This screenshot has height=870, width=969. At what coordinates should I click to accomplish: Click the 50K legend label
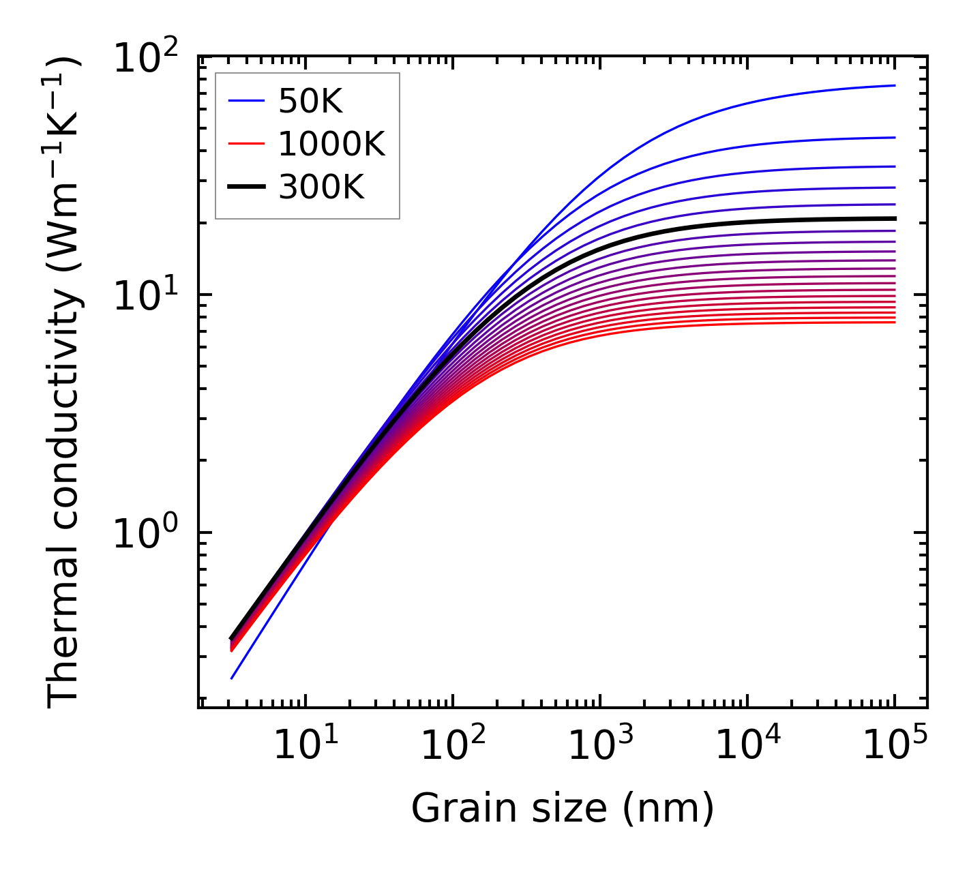pyautogui.click(x=310, y=102)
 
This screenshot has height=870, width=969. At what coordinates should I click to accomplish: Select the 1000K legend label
pyautogui.click(x=331, y=145)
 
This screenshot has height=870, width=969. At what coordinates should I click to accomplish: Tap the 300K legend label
pyautogui.click(x=321, y=187)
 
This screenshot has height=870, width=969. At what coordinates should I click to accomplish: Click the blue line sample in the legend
pyautogui.click(x=245, y=102)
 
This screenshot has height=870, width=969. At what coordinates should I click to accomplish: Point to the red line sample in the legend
pyautogui.click(x=245, y=144)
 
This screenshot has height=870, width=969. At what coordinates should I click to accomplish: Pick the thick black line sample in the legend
pyautogui.click(x=245, y=186)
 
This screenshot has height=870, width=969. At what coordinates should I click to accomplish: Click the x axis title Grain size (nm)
pyautogui.click(x=563, y=809)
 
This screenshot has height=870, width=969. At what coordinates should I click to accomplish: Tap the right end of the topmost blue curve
pyautogui.click(x=894, y=86)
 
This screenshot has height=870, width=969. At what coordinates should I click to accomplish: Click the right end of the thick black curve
pyautogui.click(x=894, y=219)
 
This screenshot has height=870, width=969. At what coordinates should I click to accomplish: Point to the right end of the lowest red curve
pyautogui.click(x=894, y=322)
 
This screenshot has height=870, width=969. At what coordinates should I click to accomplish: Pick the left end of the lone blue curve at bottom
pyautogui.click(x=232, y=678)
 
